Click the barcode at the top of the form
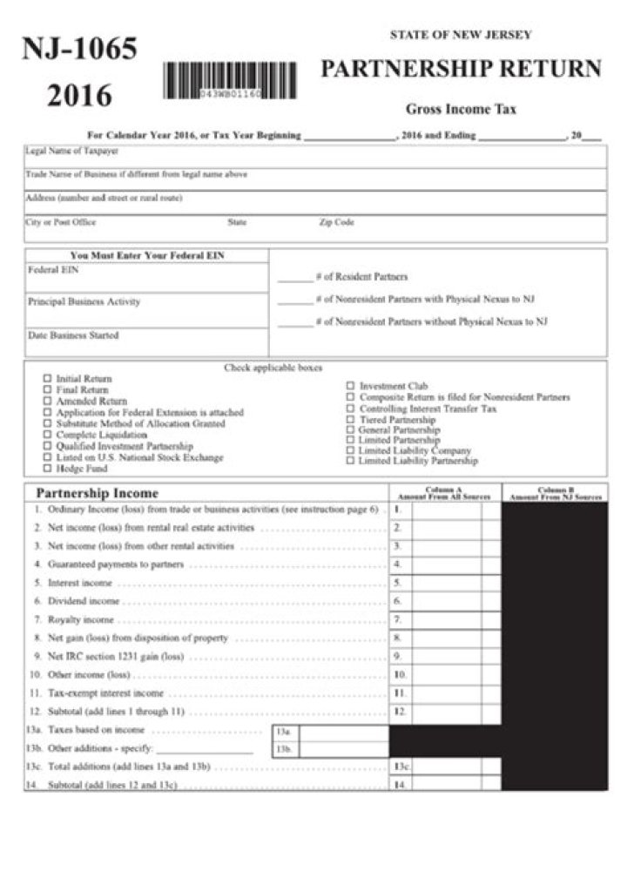pos(229,81)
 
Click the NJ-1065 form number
pos(79,50)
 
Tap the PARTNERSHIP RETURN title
pos(461,69)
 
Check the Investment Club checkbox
pos(350,386)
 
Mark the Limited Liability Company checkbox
pos(350,451)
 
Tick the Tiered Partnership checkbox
pos(350,419)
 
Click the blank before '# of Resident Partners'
pos(294,278)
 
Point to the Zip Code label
pos(336,223)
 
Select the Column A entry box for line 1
pos(445,509)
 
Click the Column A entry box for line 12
pos(445,712)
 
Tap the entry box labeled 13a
pos(343,731)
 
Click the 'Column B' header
pos(555,492)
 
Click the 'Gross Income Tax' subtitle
pos(461,110)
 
